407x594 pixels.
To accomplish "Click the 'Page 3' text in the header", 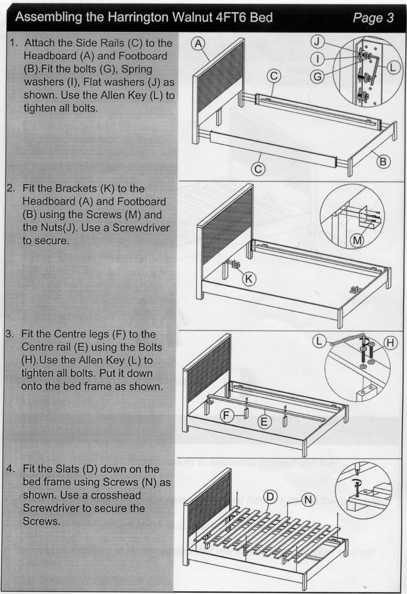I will (x=373, y=18).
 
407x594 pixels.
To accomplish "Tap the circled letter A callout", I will (x=199, y=44).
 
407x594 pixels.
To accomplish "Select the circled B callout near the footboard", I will (x=382, y=161).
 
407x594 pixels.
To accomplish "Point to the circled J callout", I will (x=318, y=41).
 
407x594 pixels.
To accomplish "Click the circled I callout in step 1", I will (x=318, y=58).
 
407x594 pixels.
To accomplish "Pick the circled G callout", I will (x=318, y=76).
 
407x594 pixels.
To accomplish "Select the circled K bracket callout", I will (x=249, y=279).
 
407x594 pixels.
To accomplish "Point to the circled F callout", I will (x=229, y=415).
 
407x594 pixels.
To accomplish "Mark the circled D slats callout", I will (x=270, y=497).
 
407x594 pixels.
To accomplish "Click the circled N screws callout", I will (x=308, y=500).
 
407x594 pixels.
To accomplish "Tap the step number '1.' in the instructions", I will (x=14, y=44).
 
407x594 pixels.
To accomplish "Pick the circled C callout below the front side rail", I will (x=259, y=169).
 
